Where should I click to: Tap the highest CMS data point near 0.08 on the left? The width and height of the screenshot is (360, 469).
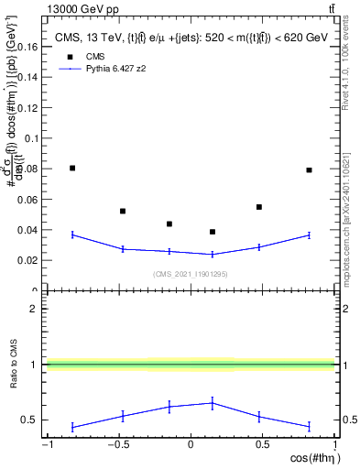(72, 168)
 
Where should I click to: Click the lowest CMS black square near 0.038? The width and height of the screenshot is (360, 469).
(213, 232)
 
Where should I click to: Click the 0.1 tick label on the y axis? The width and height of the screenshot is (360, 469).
(30, 138)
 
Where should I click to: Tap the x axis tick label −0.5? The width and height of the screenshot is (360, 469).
(117, 445)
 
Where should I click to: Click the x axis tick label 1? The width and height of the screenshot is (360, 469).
(333, 445)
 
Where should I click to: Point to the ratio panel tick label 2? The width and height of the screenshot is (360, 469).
(35, 309)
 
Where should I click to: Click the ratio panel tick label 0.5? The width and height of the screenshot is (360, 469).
(30, 420)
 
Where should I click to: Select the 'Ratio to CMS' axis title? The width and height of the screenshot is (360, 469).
(12, 365)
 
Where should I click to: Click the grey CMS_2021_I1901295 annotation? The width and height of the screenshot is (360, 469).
(190, 273)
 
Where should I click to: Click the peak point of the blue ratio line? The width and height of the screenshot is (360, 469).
(213, 402)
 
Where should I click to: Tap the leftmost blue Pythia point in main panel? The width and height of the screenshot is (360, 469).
(72, 234)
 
